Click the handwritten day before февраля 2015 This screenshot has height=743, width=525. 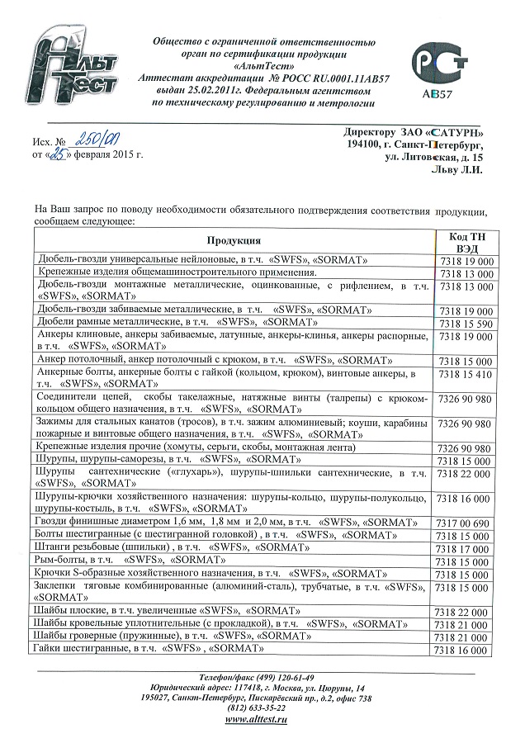pos(56,154)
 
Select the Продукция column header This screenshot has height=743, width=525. pos(234,239)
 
